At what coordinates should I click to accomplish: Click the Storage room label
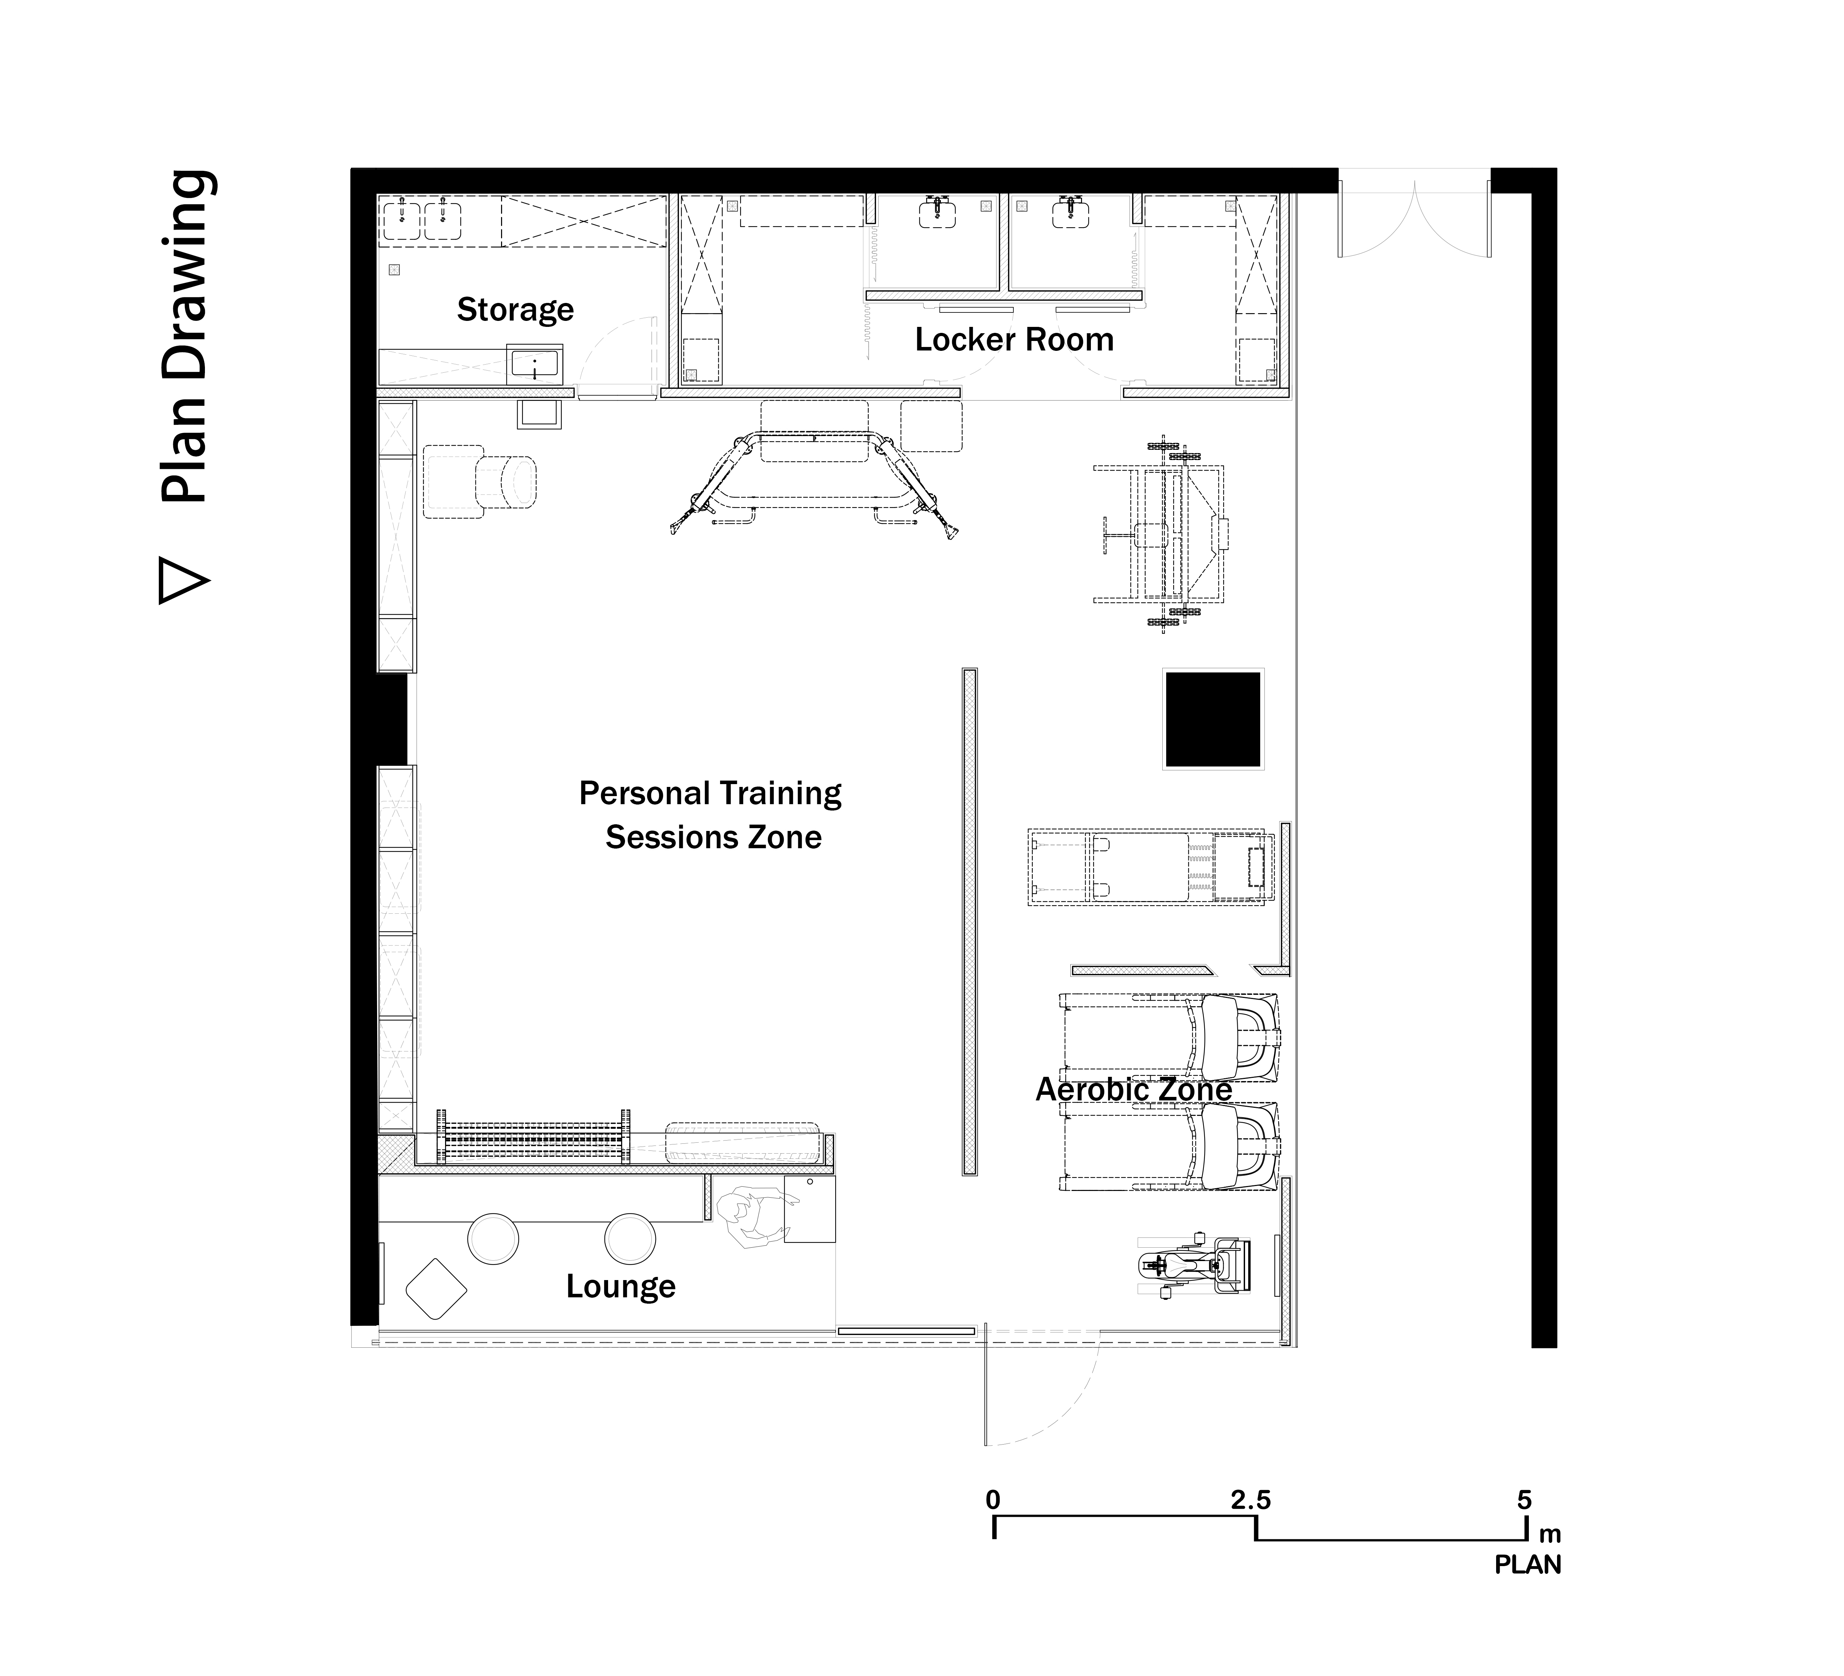pyautogui.click(x=515, y=310)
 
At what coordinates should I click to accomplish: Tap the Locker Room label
pyautogui.click(x=1014, y=340)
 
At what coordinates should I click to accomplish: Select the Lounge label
pyautogui.click(x=620, y=1286)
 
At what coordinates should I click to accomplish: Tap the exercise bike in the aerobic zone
pyautogui.click(x=1194, y=1266)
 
